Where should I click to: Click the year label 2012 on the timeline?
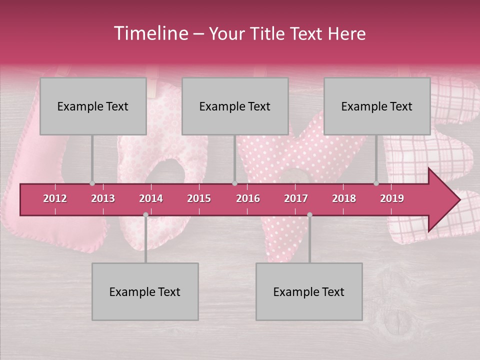pyautogui.click(x=55, y=198)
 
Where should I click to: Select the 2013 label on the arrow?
pyautogui.click(x=103, y=198)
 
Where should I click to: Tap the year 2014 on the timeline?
pyautogui.click(x=151, y=198)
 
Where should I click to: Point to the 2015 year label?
pyautogui.click(x=199, y=198)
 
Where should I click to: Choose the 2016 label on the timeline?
pyautogui.click(x=248, y=198)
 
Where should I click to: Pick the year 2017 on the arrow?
pyautogui.click(x=296, y=198)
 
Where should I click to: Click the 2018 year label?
pyautogui.click(x=344, y=198)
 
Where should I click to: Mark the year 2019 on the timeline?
pyautogui.click(x=392, y=198)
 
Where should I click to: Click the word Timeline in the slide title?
pyautogui.click(x=150, y=33)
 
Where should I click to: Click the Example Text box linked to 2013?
pyautogui.click(x=93, y=106)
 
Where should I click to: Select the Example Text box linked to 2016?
pyautogui.click(x=235, y=106)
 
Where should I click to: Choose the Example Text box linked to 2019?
pyautogui.click(x=377, y=106)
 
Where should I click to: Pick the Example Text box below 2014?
pyautogui.click(x=145, y=291)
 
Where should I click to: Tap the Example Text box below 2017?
pyautogui.click(x=309, y=291)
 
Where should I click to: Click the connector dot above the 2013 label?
pyautogui.click(x=92, y=183)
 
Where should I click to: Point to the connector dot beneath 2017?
pyautogui.click(x=309, y=214)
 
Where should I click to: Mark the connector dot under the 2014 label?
pyautogui.click(x=145, y=214)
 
